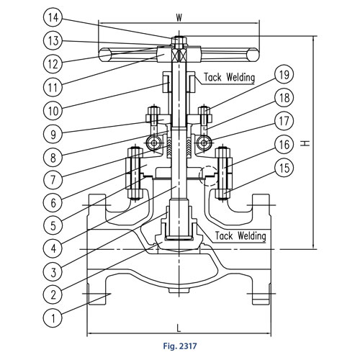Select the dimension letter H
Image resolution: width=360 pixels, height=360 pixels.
307,143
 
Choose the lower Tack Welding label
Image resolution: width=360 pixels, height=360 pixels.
241,236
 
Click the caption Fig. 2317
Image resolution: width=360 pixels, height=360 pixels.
179,349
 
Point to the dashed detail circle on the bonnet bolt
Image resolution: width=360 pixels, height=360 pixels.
207,175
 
